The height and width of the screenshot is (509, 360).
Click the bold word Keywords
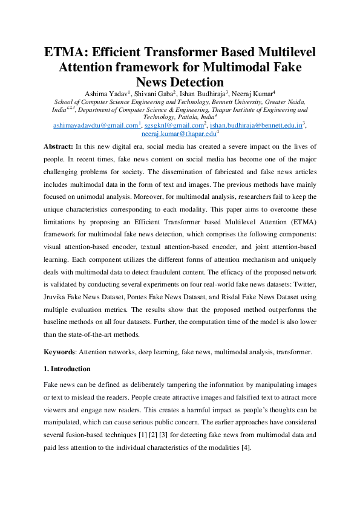61,351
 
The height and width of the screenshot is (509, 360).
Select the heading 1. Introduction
67,369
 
